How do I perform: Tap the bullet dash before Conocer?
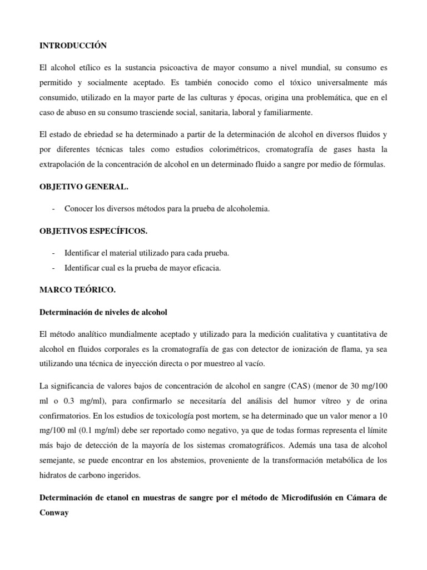52,209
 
